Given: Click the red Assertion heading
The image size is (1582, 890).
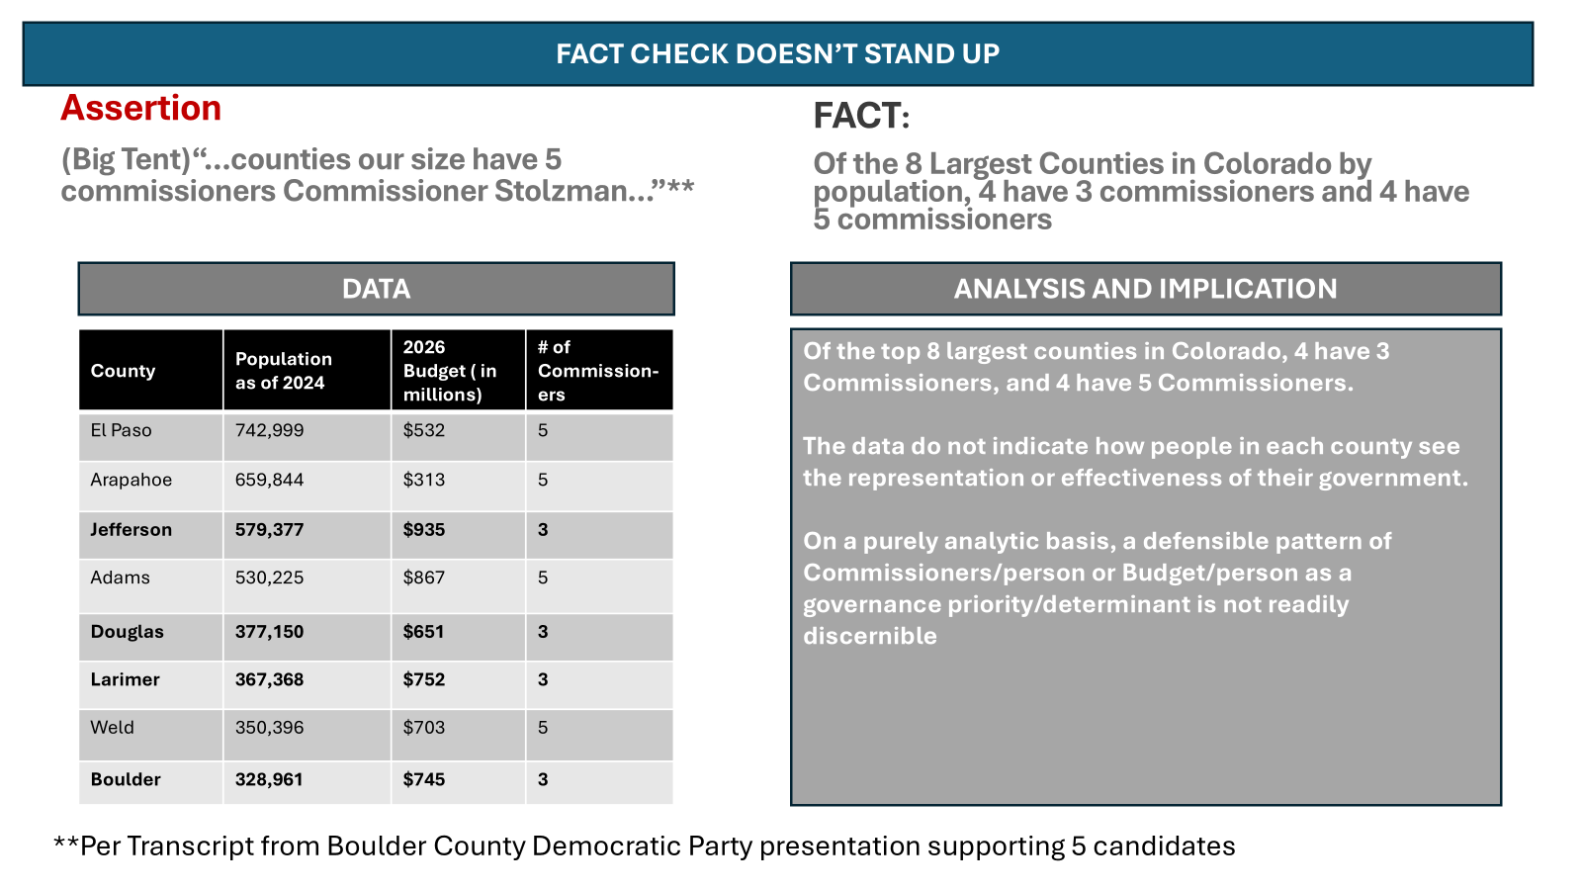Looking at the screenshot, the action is [x=140, y=108].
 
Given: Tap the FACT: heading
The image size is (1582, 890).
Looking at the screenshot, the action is [x=861, y=116].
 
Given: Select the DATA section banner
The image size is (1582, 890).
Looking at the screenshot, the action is [x=377, y=289].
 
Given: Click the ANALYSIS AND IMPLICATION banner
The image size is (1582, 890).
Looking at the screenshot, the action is [x=1146, y=289].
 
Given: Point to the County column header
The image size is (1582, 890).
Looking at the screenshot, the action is [x=123, y=371].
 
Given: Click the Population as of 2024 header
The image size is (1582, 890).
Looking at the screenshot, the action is [x=283, y=371].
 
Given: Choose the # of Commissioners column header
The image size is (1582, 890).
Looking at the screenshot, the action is [x=598, y=371].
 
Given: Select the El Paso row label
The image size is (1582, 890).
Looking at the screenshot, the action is [x=121, y=430].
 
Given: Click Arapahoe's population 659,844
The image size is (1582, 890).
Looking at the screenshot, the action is [x=269, y=480].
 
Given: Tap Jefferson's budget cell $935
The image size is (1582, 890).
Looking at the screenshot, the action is [x=424, y=530].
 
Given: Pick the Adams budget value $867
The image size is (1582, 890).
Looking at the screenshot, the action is [x=424, y=578].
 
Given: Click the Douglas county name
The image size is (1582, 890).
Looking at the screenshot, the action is [x=128, y=632].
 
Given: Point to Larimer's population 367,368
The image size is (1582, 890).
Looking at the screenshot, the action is [x=269, y=679].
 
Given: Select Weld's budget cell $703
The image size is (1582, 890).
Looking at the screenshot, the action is [x=424, y=728].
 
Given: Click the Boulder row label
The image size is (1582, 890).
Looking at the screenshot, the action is [x=126, y=780].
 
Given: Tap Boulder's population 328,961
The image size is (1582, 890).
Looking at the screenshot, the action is [x=269, y=780].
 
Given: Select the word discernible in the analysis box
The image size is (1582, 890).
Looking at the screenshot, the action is [x=870, y=636].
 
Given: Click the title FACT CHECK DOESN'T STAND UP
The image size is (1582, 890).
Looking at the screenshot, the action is [x=777, y=53].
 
